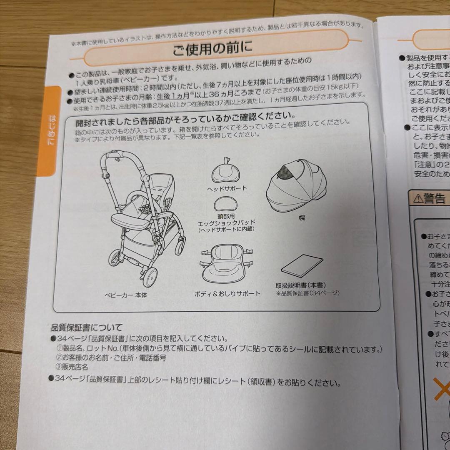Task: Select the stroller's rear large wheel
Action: tap(150, 276)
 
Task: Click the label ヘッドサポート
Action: tap(227, 188)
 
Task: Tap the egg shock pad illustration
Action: tap(227, 205)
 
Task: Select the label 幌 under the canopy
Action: tap(302, 218)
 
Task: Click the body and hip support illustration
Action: tap(226, 267)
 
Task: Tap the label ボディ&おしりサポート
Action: tap(227, 294)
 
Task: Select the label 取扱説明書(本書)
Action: tap(300, 285)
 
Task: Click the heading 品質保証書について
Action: tap(87, 327)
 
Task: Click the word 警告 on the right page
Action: tap(435, 199)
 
